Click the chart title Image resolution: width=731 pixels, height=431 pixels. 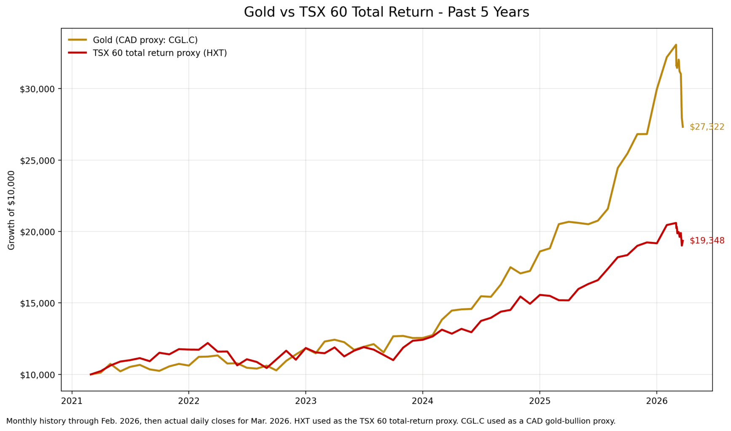(x=386, y=12)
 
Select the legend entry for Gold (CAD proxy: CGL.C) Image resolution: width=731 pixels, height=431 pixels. (x=145, y=40)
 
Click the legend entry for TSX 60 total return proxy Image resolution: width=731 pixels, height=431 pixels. (x=160, y=53)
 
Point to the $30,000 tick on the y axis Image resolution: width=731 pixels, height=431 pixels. (x=38, y=89)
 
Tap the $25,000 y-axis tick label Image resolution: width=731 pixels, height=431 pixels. (x=38, y=160)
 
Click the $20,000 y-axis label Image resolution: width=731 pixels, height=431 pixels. (x=38, y=232)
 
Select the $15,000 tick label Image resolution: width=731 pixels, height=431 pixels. (x=38, y=303)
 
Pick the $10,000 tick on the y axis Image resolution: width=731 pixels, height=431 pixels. (x=38, y=375)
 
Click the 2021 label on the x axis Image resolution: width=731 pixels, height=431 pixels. (x=72, y=401)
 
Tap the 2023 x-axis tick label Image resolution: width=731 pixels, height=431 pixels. (x=306, y=401)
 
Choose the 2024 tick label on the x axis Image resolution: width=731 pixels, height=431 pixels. (x=422, y=401)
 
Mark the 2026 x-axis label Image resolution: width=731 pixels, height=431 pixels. (x=656, y=401)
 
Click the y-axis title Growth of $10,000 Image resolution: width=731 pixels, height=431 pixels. (x=11, y=210)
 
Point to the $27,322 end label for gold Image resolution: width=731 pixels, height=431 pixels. (x=707, y=127)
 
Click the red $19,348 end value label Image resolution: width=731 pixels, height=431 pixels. (x=707, y=241)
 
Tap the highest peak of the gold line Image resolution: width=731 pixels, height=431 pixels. (x=676, y=45)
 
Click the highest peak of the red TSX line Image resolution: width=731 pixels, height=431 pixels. (x=676, y=223)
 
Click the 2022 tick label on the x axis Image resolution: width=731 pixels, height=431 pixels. (x=188, y=401)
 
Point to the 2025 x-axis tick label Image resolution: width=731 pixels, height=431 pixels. (x=540, y=401)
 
